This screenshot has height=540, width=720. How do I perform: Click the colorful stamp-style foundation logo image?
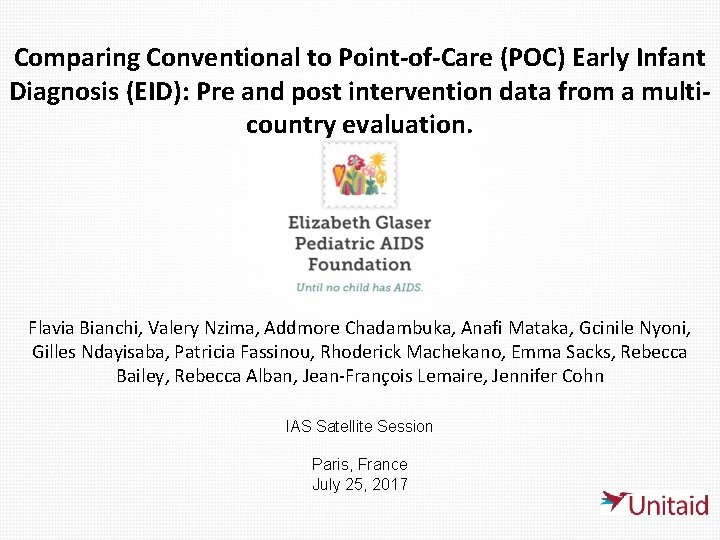pos(359,174)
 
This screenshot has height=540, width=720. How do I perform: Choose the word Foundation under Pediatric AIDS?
pos(359,265)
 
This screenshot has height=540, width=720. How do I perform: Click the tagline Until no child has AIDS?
pos(359,287)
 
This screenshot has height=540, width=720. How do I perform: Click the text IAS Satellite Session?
pos(359,426)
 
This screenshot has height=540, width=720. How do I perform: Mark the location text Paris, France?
pos(359,464)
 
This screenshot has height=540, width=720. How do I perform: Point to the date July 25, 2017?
pos(359,485)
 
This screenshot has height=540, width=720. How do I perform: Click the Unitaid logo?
pos(655,503)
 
